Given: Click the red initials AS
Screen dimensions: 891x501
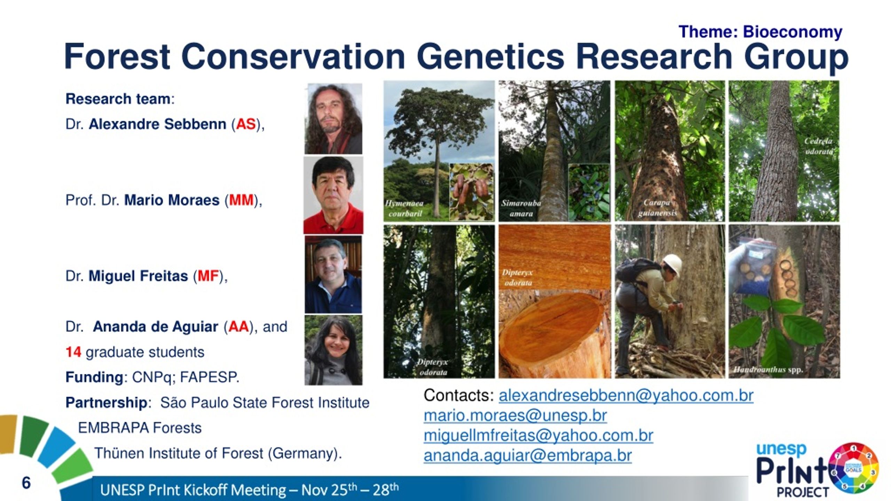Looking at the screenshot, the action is click(246, 124).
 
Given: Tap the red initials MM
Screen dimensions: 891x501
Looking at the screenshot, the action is click(241, 200).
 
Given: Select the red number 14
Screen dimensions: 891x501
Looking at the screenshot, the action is click(73, 352).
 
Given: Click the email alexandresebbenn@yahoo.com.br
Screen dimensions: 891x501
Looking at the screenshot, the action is click(626, 396).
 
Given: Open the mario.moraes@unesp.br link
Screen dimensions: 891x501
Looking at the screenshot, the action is click(515, 416).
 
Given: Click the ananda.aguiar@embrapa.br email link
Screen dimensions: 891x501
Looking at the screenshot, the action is click(528, 456).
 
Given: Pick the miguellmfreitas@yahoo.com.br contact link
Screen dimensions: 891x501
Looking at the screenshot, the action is click(538, 436).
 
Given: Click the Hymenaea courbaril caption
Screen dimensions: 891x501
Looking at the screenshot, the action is click(404, 208).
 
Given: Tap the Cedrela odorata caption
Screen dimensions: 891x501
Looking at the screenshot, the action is click(819, 146).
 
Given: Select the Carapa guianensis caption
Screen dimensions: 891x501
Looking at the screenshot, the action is click(657, 208).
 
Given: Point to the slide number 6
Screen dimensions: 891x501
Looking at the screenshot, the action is click(26, 483).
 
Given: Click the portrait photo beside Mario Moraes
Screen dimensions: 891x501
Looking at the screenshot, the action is click(333, 195).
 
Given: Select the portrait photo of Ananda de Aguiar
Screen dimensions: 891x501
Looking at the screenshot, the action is click(333, 350).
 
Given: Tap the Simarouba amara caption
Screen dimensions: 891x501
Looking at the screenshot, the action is click(521, 208).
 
